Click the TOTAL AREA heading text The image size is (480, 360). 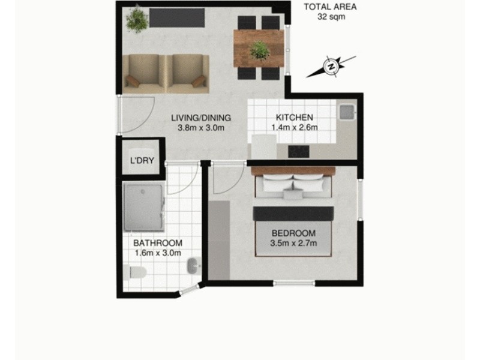[x=331, y=7]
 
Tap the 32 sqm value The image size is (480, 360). [x=331, y=17]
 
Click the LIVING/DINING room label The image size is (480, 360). [x=200, y=117]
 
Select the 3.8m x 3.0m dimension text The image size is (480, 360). [x=200, y=127]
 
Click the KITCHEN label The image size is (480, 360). [x=294, y=117]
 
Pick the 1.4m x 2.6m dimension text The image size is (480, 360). [x=294, y=127]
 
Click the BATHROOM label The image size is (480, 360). [x=158, y=243]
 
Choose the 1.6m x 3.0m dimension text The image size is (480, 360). [x=158, y=253]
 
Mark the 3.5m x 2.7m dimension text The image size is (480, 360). [x=293, y=243]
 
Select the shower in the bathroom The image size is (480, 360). [x=143, y=207]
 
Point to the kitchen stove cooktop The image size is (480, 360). [x=299, y=151]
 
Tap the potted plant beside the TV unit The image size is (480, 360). [x=137, y=19]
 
